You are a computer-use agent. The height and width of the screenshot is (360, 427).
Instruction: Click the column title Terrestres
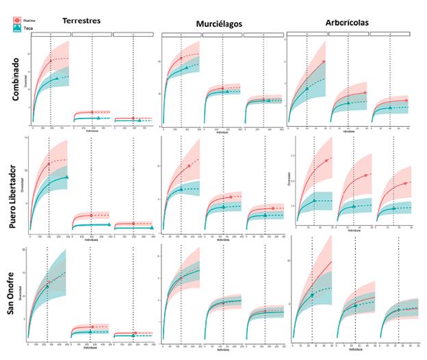81,21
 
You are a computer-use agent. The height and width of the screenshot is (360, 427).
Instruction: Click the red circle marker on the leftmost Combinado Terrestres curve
50,62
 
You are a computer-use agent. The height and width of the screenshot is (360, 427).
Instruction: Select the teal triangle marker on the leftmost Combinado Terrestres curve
56,79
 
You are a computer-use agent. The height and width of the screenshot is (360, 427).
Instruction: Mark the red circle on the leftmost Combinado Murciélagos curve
181,59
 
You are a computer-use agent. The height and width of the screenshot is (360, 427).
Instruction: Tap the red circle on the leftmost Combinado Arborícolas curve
323,62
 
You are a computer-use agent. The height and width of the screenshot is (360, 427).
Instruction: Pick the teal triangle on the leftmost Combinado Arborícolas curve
307,88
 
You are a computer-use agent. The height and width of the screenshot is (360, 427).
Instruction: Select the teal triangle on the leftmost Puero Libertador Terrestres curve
67,177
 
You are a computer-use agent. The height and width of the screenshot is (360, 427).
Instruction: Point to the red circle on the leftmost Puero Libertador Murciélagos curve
189,166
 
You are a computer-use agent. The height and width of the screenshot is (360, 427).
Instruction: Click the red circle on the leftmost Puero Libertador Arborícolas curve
326,161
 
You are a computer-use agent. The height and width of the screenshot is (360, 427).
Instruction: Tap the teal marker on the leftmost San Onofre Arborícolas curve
312,295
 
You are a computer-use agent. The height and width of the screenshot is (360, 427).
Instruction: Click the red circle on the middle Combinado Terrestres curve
92,112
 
